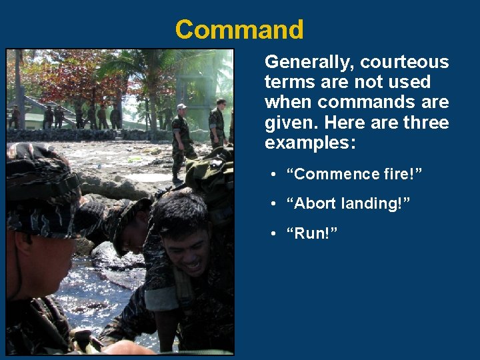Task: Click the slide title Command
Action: click(x=239, y=29)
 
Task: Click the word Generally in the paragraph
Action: click(x=309, y=62)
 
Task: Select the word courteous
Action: click(x=405, y=62)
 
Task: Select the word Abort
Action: click(x=315, y=204)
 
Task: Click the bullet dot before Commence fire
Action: click(x=274, y=175)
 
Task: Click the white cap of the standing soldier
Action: click(x=181, y=107)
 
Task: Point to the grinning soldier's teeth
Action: click(x=192, y=265)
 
